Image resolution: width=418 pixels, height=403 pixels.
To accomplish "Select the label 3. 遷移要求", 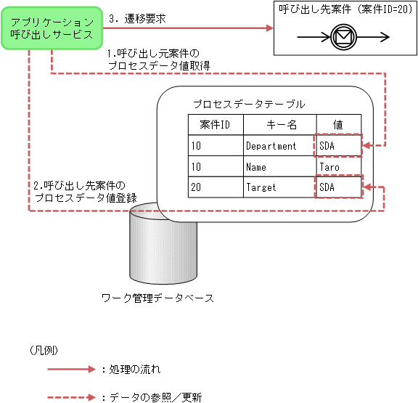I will click(x=137, y=19).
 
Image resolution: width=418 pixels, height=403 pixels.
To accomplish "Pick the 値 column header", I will click(x=338, y=125).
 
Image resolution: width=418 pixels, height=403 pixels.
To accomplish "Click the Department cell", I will click(x=271, y=146).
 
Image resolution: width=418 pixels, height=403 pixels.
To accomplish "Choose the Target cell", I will click(x=261, y=187).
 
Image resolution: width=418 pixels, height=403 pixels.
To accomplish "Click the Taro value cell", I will click(x=329, y=166).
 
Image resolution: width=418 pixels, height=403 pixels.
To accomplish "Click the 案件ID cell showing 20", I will click(x=197, y=187).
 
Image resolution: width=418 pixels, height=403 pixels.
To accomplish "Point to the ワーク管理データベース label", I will click(x=157, y=298).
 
